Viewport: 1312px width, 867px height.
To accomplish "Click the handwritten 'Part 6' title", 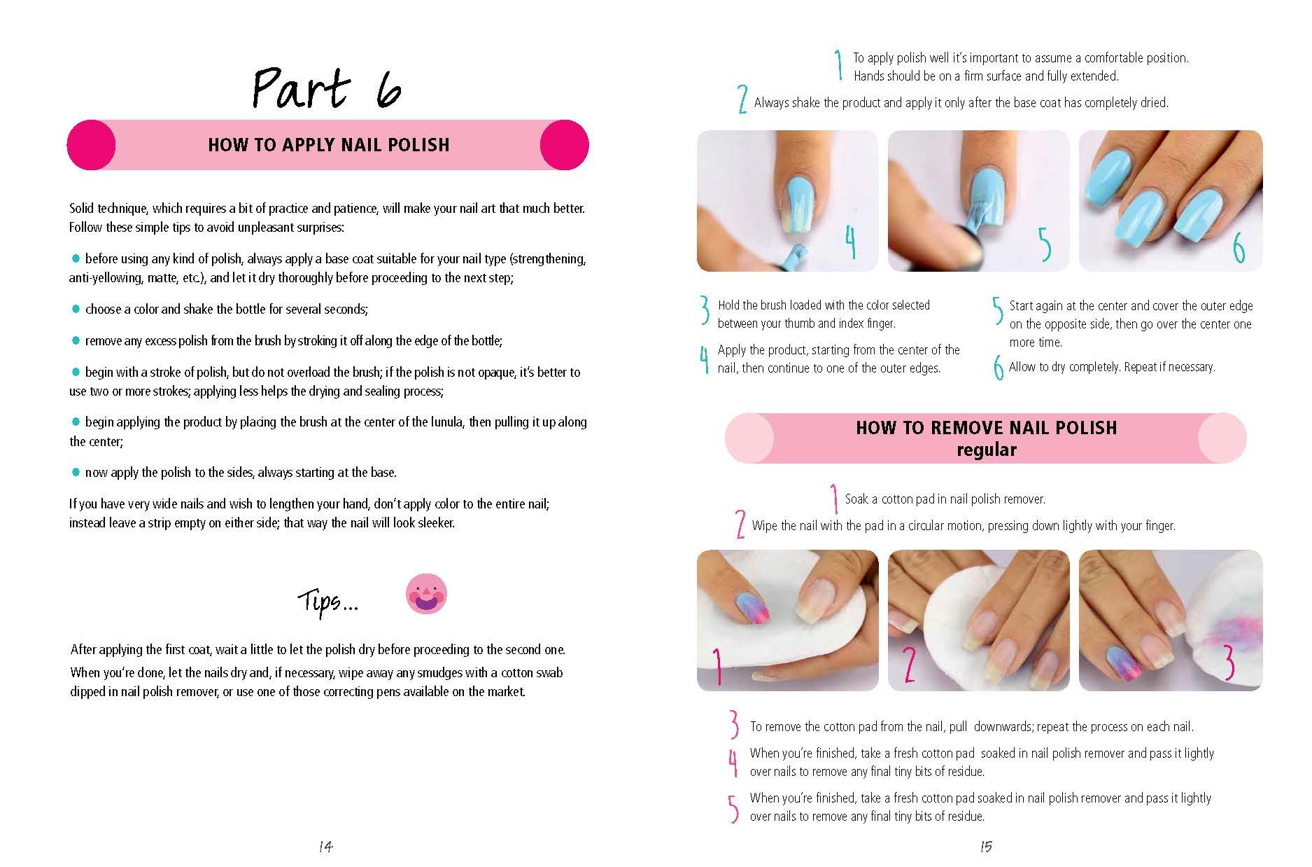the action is coord(327,89).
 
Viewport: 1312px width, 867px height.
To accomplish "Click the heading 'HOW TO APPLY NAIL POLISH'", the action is coord(328,145).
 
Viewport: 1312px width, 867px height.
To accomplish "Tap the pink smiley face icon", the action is coord(426,594).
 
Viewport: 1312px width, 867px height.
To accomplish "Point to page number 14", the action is coord(325,847).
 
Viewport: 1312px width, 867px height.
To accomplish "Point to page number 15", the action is coord(986,847).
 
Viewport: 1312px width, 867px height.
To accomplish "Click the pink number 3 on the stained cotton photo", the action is coord(1228,662).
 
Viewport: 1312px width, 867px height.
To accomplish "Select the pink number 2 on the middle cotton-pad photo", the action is coord(909,664).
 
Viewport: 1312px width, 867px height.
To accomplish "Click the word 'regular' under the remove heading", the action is coord(986,450).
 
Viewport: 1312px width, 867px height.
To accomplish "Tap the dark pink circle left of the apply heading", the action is coord(91,145).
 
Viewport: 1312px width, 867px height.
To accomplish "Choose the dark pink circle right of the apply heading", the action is coord(565,145).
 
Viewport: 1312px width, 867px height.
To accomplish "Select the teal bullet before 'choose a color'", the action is coord(76,309).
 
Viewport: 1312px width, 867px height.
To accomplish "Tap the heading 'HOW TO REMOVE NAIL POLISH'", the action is coord(986,428).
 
